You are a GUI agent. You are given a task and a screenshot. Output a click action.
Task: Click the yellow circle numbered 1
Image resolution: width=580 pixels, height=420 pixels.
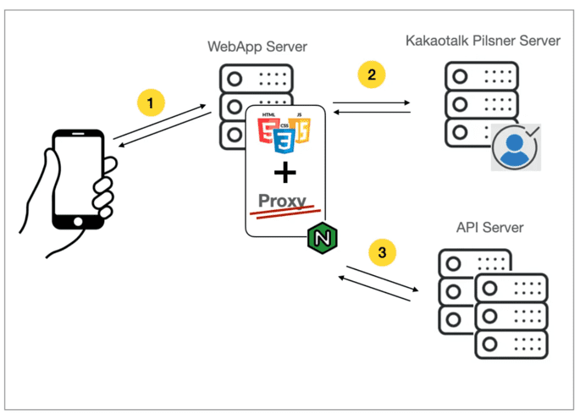[151, 103]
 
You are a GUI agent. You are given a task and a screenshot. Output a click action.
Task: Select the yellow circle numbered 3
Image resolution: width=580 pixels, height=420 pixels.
[382, 251]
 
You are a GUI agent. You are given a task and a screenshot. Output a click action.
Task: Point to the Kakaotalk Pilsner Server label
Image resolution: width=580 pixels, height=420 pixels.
[483, 41]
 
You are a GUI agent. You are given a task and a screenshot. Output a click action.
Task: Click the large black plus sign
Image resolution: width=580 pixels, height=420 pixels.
[286, 173]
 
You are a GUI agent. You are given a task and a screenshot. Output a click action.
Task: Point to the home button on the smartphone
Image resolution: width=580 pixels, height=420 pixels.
[79, 221]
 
